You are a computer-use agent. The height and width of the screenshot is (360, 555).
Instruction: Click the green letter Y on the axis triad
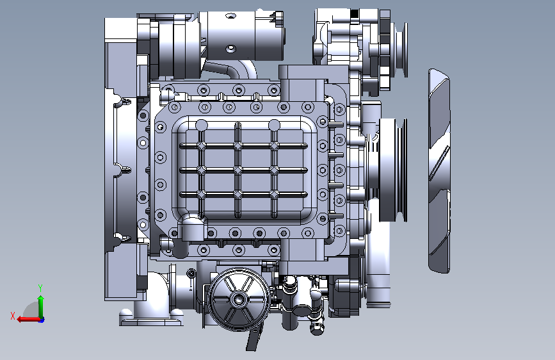tap(40, 288)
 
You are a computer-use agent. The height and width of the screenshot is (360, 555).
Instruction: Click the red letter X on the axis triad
tap(13, 316)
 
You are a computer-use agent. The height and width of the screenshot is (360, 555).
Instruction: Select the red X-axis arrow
tap(28, 320)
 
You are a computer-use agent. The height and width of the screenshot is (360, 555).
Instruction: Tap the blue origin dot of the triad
tap(42, 320)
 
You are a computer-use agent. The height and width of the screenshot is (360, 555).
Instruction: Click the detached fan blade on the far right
tap(439, 171)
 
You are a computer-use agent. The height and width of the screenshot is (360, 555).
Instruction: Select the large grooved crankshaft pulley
tap(393, 170)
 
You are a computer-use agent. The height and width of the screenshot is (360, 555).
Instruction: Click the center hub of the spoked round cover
tap(239, 299)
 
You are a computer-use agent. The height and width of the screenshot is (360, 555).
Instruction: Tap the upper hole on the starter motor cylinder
tap(231, 16)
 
